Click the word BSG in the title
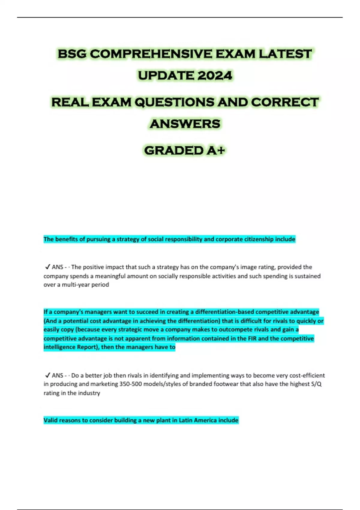click(x=72, y=54)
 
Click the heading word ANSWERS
click(x=185, y=124)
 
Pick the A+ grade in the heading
click(x=216, y=151)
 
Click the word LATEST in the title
click(x=285, y=54)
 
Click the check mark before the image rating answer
click(x=47, y=267)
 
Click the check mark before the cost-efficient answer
click(x=47, y=375)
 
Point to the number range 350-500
click(x=130, y=384)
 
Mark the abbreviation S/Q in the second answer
click(x=316, y=384)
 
